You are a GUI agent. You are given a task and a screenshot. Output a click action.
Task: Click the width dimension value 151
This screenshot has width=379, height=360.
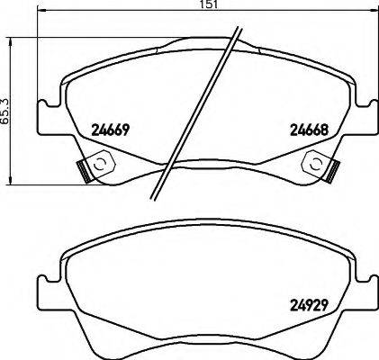(x=209, y=5)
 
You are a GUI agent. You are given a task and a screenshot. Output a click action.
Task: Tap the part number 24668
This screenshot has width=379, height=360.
(x=306, y=129)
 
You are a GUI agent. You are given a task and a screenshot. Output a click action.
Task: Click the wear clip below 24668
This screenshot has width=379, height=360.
(x=319, y=165)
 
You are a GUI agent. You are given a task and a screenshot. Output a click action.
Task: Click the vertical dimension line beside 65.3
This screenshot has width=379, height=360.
(x=11, y=108)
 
